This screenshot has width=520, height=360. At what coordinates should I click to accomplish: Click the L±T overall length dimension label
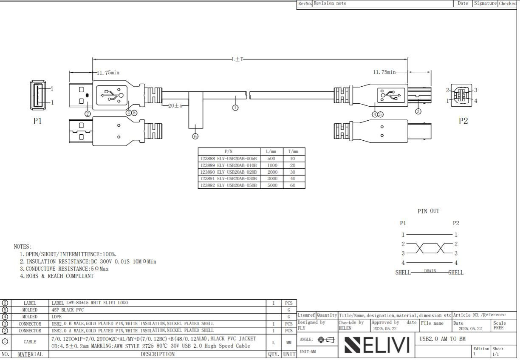pos(237,60)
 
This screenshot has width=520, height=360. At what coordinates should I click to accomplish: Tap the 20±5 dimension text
pos(175,106)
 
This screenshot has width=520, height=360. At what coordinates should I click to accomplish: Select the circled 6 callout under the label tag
pos(195,136)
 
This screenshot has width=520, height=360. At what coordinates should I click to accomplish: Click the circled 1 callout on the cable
pos(235,108)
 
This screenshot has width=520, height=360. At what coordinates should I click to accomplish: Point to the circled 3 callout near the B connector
pos(418,111)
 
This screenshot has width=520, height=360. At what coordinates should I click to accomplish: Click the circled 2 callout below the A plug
pos(88,114)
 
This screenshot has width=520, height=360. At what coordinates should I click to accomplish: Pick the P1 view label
pos(37,121)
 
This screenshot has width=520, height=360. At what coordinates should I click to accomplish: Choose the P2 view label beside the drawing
pos(463,121)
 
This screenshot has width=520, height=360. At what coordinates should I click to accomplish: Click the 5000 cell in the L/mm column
pos(272,185)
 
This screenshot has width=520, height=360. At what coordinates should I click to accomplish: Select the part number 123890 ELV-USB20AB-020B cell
pos(229,172)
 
